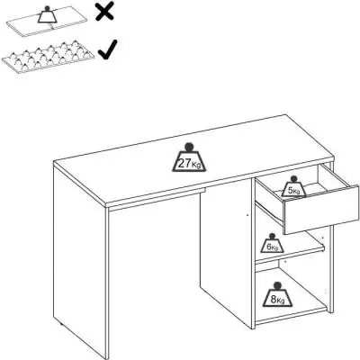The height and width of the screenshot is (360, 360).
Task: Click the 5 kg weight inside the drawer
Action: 292,188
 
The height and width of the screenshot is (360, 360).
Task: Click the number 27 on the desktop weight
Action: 183,163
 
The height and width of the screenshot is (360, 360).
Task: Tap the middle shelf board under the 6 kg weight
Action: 288,256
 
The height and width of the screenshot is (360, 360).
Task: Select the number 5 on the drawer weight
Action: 290,191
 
